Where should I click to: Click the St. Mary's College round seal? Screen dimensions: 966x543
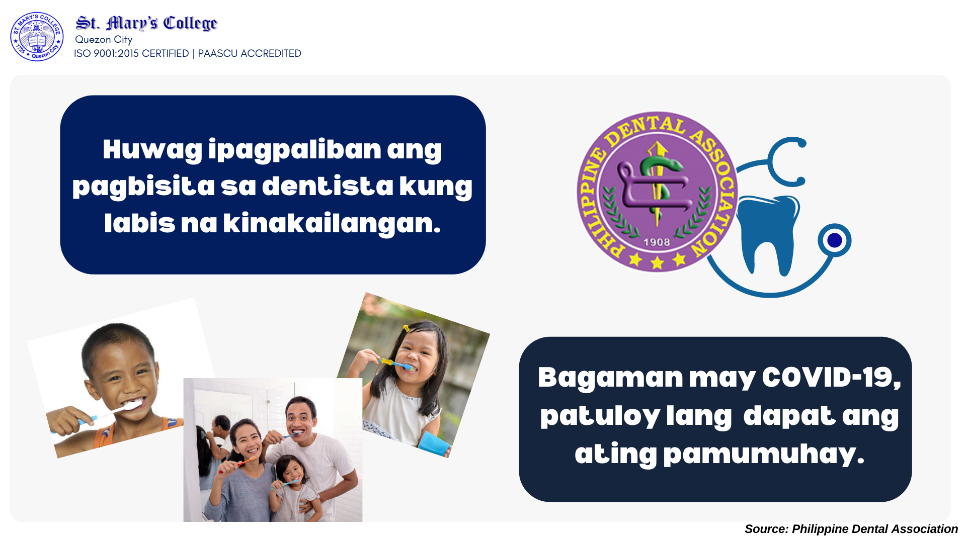click(37, 37)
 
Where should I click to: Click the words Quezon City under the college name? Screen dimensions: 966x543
click(104, 39)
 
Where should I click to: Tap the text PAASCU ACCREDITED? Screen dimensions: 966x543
click(250, 53)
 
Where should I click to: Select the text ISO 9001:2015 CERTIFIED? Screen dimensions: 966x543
click(131, 53)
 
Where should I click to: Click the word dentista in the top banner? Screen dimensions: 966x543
click(328, 186)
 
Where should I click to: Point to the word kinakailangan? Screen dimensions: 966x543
click(332, 223)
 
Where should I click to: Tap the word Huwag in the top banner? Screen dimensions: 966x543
click(152, 150)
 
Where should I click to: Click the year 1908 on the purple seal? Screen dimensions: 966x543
click(657, 242)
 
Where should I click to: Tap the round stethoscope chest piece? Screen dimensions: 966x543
click(834, 240)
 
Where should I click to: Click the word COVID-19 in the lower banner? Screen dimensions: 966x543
click(831, 377)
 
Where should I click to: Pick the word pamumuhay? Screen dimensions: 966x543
click(763, 454)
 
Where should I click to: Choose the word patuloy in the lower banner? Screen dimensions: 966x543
click(600, 416)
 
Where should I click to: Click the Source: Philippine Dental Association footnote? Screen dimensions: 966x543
click(851, 529)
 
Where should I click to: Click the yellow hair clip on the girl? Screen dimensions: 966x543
click(406, 329)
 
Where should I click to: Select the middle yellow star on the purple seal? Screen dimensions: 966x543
click(657, 262)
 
